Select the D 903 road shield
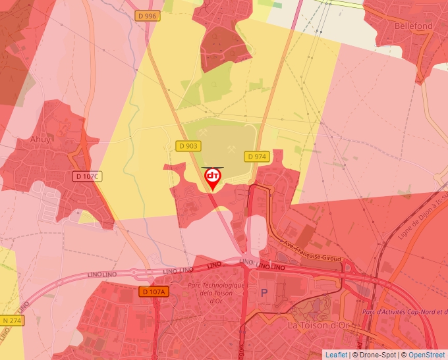pos(188,146)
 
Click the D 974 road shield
pos(256,156)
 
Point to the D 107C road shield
pos(86,176)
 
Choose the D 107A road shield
pos(154,292)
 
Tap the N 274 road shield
pos(11,321)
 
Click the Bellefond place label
pos(414,26)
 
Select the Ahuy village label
pos(40,139)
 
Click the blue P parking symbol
pos(265,293)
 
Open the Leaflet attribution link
pos(336,355)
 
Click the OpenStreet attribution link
pos(426,355)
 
